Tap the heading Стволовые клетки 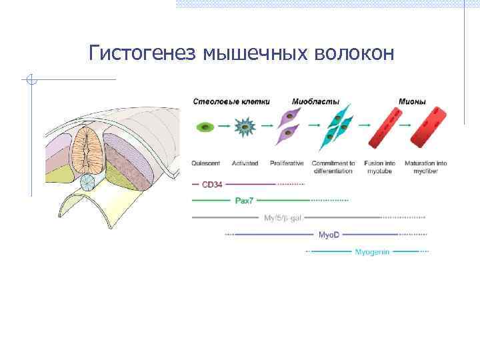point(231,101)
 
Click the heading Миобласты point(315,101)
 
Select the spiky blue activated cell point(246,126)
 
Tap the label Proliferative point(287,163)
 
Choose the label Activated point(246,163)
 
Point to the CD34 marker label point(212,184)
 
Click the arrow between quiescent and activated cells point(225,125)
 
